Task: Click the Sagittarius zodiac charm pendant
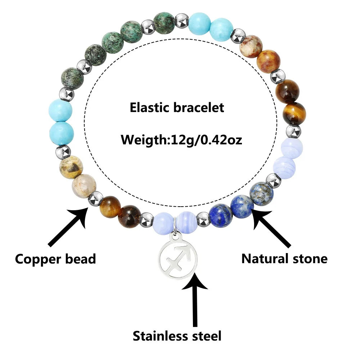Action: click(x=179, y=257)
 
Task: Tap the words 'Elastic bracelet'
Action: click(x=177, y=107)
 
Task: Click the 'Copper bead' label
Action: click(x=55, y=258)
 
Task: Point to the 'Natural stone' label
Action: click(x=284, y=258)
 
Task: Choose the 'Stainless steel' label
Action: click(x=177, y=336)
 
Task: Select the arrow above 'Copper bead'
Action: click(x=69, y=226)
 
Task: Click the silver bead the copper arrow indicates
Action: click(x=95, y=198)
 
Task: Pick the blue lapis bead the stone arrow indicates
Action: click(x=242, y=206)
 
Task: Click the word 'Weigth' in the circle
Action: click(x=144, y=139)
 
